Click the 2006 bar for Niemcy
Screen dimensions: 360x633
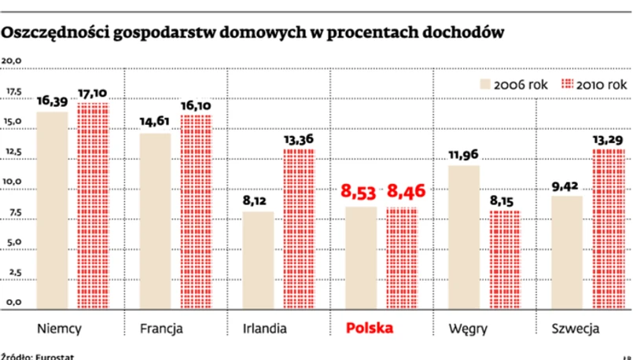pos(52,209)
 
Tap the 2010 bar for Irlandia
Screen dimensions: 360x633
pos(299,228)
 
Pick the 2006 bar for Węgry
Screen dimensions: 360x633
pos(464,236)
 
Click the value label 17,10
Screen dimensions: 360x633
pos(93,93)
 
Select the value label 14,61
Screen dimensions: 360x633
pos(156,122)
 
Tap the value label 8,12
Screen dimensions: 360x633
pos(258,200)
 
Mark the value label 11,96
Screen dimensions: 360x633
pos(464,154)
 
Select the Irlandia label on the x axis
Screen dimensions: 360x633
pos(264,328)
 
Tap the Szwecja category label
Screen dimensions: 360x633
pos(576,328)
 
